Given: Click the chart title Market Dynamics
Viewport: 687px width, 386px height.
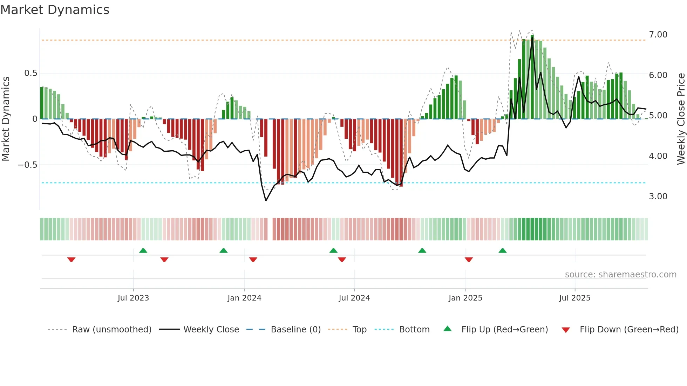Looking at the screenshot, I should pyautogui.click(x=55, y=10).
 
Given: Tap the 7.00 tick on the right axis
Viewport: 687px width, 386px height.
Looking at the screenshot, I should pyautogui.click(x=658, y=35).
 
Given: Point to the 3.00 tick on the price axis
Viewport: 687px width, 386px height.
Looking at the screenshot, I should pyautogui.click(x=658, y=197).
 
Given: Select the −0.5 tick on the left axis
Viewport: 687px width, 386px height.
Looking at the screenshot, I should pyautogui.click(x=27, y=165).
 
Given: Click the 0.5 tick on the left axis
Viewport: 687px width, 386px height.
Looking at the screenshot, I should pyautogui.click(x=30, y=73).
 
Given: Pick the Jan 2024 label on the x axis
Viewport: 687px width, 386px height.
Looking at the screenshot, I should pyautogui.click(x=244, y=298).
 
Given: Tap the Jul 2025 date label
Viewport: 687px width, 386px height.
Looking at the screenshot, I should pyautogui.click(x=574, y=298).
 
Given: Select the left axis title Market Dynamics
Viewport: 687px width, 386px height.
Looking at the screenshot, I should pyautogui.click(x=6, y=119).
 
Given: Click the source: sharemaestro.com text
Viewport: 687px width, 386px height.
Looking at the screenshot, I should pyautogui.click(x=620, y=275).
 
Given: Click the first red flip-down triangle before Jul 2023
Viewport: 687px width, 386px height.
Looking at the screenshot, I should pyautogui.click(x=71, y=260).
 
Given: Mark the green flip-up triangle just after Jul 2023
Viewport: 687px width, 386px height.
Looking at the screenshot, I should pyautogui.click(x=143, y=250).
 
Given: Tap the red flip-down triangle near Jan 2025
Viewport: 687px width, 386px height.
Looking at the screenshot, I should pyautogui.click(x=469, y=260).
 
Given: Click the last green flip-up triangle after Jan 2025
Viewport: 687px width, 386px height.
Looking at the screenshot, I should pyautogui.click(x=502, y=250).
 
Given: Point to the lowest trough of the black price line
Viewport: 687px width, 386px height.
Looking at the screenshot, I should pyautogui.click(x=266, y=200).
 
